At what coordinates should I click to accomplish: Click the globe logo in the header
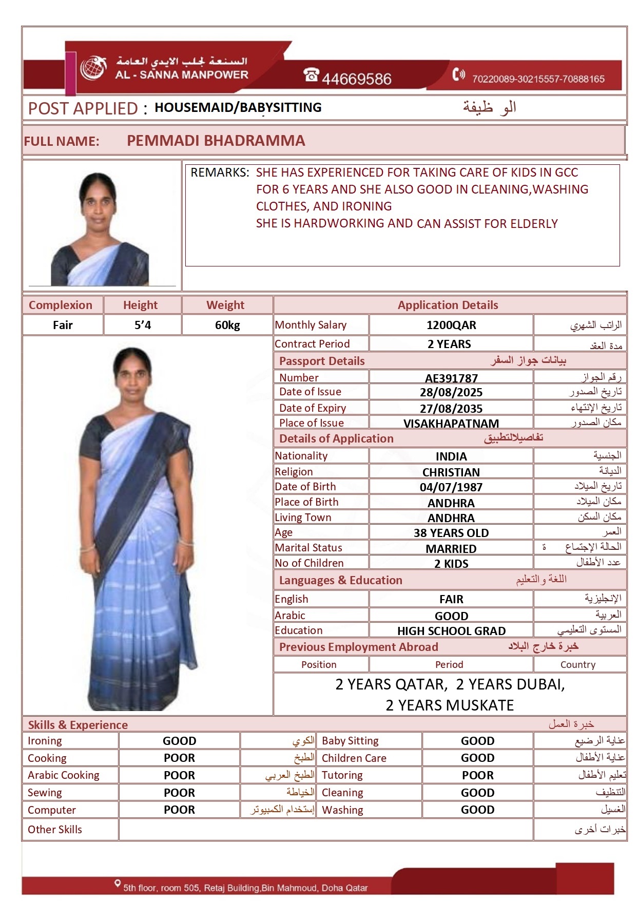coord(92,68)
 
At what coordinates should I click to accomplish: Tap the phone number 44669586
coord(356,79)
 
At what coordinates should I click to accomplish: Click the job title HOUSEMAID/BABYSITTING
coord(238,107)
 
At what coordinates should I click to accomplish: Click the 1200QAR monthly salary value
coord(451,325)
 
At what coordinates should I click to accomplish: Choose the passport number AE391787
coord(451,378)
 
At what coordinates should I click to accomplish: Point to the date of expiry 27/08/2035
coord(451,409)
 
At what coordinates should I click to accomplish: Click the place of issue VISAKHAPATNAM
coord(451,424)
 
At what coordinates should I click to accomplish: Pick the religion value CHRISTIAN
coord(451,472)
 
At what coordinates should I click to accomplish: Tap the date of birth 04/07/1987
coord(451,487)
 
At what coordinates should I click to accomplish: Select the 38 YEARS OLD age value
coord(451,533)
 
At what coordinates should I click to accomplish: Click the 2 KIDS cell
coord(451,564)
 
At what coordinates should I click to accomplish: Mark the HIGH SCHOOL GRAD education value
coord(451,631)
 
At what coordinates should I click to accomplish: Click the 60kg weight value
coord(227,325)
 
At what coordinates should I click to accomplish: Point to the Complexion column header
coord(61,305)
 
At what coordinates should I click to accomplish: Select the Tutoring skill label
coord(342,775)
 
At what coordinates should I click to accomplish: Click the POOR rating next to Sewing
coord(179,793)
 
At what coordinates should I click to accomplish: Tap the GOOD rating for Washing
coord(477,810)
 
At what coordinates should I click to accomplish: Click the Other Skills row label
coord(55,830)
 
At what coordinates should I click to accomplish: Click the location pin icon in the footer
coord(118,883)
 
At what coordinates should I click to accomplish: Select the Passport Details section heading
coord(322,361)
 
